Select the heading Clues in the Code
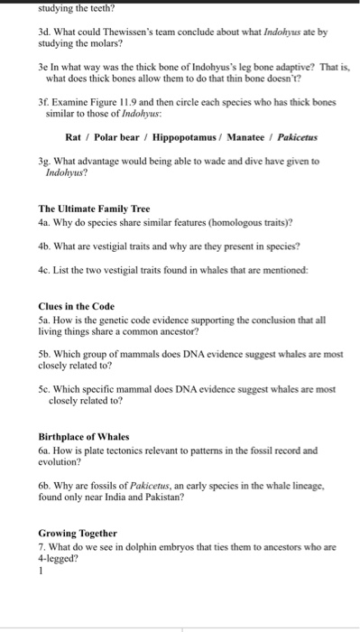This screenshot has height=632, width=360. point(78,305)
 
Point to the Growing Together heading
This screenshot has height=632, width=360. point(78,533)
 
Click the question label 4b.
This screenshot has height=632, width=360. point(45,245)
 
